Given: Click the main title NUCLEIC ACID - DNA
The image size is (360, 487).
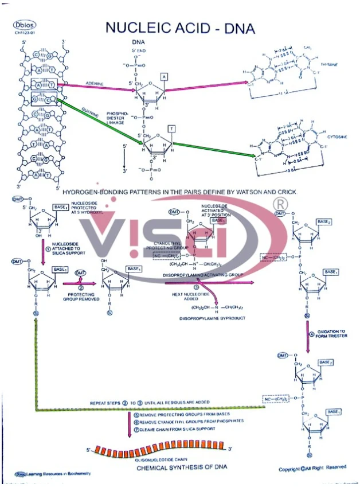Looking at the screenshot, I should click(181, 28).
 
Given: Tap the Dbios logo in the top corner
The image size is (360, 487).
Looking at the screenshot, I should click(25, 25).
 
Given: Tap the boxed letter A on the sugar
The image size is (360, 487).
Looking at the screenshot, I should click(164, 76).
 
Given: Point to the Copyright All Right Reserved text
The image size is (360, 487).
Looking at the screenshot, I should click(312, 469).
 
